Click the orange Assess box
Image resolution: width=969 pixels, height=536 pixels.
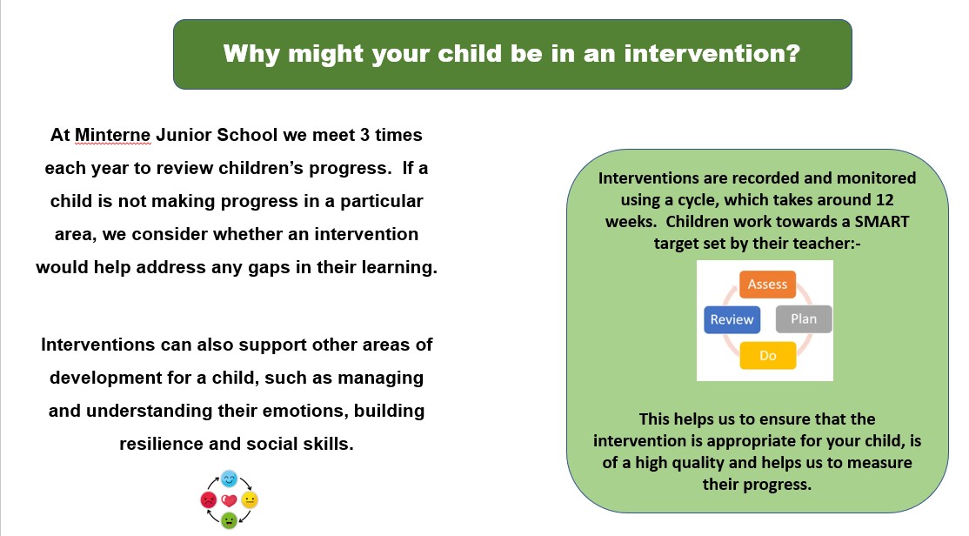(x=767, y=285)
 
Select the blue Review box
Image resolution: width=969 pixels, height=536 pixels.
(x=732, y=319)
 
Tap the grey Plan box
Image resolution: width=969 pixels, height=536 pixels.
(x=804, y=319)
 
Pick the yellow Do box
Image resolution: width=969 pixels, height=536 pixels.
(x=767, y=356)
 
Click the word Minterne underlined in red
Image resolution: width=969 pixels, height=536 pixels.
(x=112, y=135)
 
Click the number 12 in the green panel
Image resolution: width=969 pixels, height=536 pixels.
(x=885, y=199)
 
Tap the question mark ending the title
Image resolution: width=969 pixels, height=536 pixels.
(x=793, y=53)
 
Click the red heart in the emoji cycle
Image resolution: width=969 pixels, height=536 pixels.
(x=230, y=500)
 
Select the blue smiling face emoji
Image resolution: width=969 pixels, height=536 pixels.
(x=230, y=479)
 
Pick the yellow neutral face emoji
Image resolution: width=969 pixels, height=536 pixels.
(x=250, y=499)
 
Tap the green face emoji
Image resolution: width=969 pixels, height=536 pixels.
(x=230, y=520)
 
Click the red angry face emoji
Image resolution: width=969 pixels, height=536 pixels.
(x=209, y=499)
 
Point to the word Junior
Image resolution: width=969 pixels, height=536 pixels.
(x=184, y=135)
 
